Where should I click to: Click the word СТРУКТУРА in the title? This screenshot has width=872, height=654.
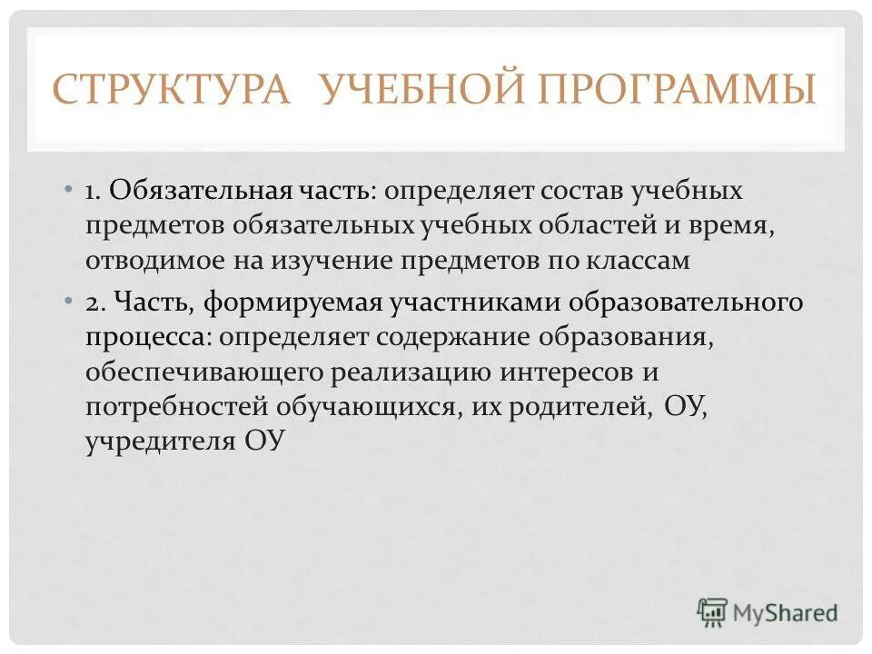coord(172,91)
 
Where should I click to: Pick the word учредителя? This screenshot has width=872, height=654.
coord(160,441)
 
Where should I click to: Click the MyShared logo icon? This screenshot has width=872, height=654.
coord(712,612)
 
